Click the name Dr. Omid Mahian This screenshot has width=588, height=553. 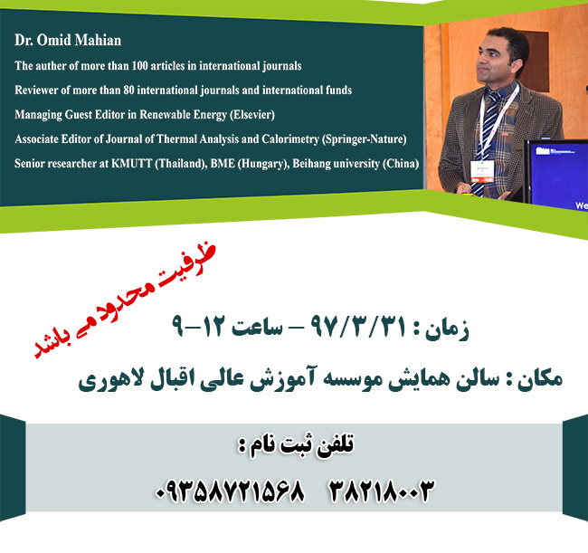pos(68,40)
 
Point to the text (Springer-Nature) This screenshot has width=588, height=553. pos(365,139)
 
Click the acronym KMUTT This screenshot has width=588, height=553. pos(132,164)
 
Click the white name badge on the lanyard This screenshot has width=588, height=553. pos(482,171)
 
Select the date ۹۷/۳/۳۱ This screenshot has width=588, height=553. pos(358,326)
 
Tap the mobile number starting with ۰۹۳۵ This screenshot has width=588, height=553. pos(230,491)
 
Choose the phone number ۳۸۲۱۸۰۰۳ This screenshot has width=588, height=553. pos(381,491)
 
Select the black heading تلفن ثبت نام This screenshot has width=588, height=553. pos(296,445)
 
